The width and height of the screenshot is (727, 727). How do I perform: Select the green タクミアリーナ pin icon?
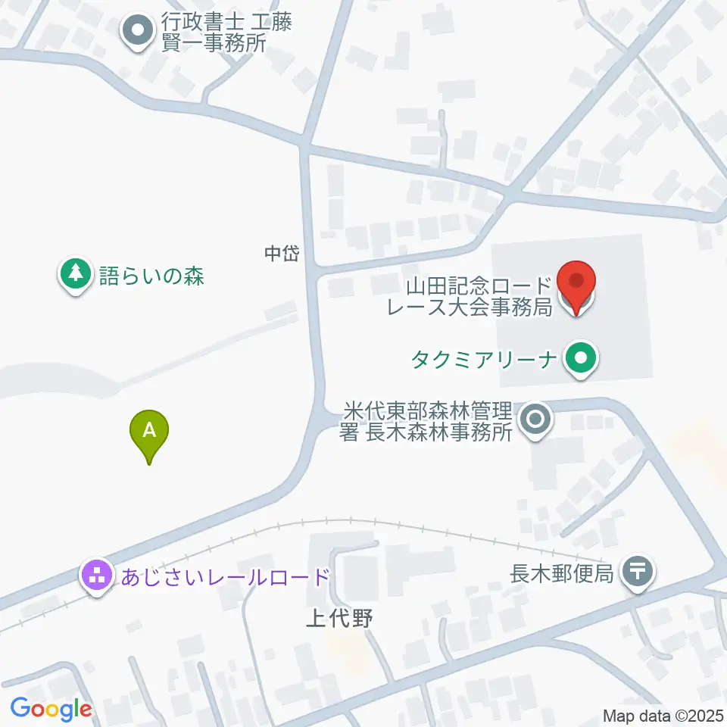click(x=581, y=357)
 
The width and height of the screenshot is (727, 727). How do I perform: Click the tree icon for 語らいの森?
click(x=75, y=274)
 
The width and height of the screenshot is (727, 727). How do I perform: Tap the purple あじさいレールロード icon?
click(x=97, y=577)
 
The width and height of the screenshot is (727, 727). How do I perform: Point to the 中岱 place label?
click(x=282, y=254)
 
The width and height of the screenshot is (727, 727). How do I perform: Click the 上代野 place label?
click(x=340, y=619)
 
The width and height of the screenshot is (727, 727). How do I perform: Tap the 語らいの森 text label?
click(x=151, y=275)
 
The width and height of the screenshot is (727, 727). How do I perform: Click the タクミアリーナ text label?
click(x=485, y=357)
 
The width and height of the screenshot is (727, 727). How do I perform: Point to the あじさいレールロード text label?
click(x=225, y=578)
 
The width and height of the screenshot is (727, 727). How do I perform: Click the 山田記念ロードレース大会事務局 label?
click(x=479, y=297)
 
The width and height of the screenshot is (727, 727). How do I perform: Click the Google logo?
click(x=51, y=709)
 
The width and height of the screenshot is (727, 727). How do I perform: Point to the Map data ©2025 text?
click(x=662, y=715)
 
